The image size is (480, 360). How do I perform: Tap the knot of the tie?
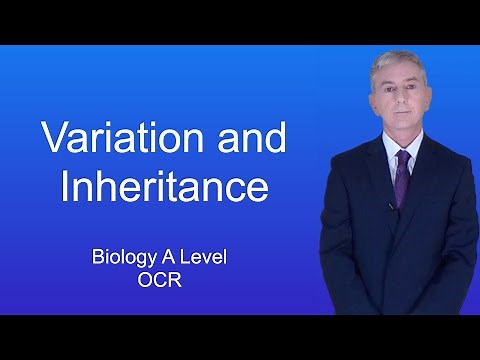coord(402,158)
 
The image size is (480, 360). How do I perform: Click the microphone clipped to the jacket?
coord(391,206)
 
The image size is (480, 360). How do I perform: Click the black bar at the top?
coord(240,21)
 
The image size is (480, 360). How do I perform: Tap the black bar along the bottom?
coord(240,337)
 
